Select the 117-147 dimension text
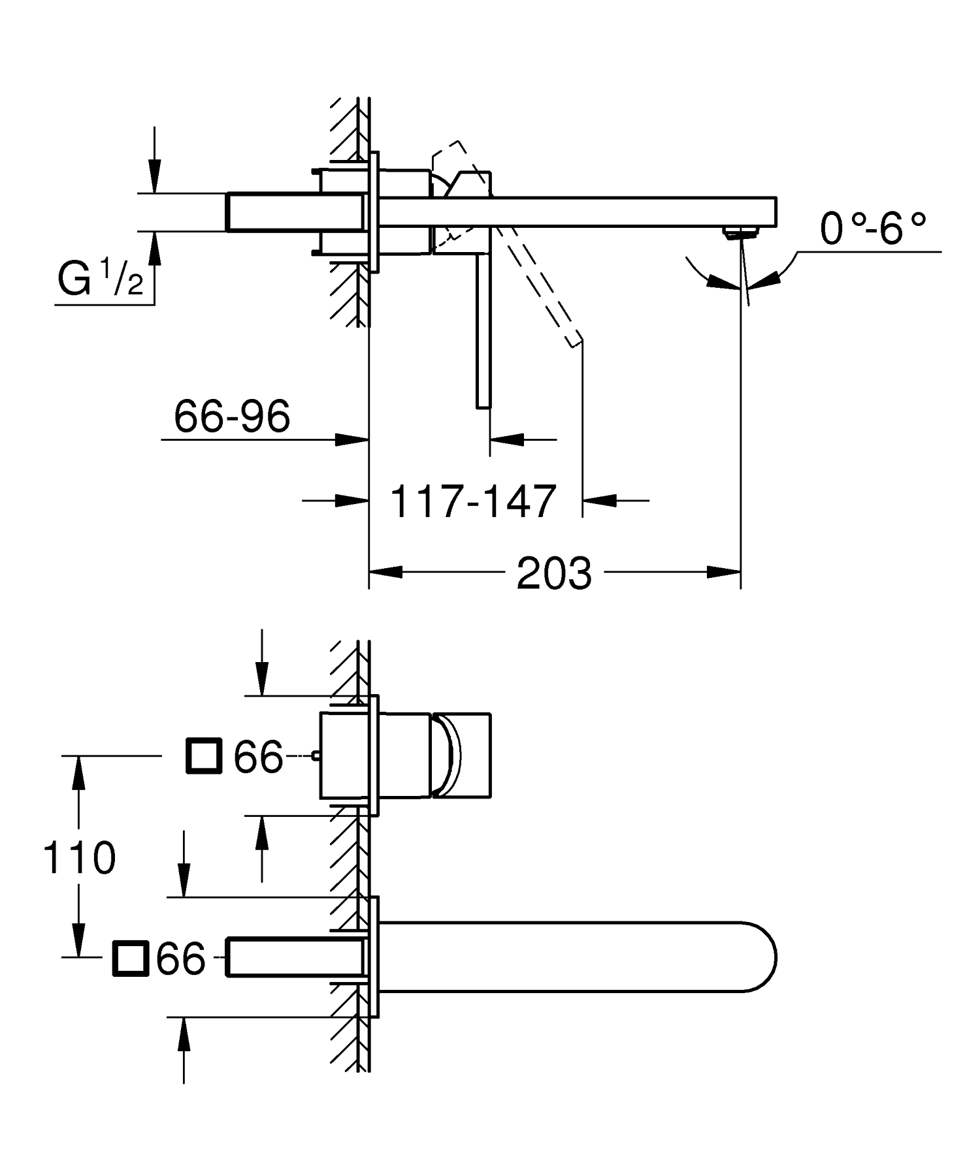click(x=473, y=502)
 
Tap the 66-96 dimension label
click(x=232, y=416)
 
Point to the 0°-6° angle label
click(x=873, y=229)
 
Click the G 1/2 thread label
click(x=100, y=280)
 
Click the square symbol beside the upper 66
click(x=204, y=756)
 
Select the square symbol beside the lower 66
click(x=131, y=959)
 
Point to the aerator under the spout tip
click(x=741, y=231)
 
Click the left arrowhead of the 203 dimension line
click(x=385, y=572)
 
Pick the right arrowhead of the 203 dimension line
click(x=724, y=572)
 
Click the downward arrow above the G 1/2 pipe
click(x=154, y=176)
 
